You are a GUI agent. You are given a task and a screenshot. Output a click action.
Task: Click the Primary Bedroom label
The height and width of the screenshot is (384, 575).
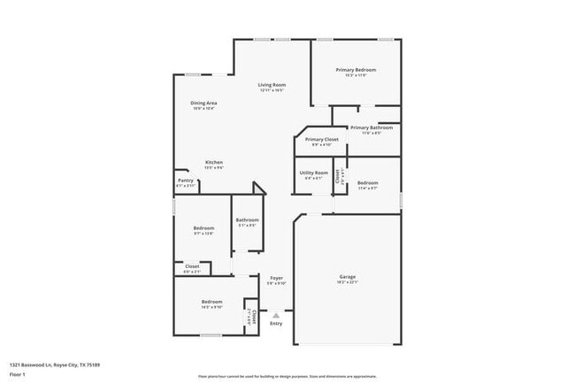[356, 69]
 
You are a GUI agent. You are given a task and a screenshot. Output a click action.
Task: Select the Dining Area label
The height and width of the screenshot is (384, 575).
[203, 103]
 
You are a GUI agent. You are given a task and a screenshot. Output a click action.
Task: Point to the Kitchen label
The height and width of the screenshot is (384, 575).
[214, 162]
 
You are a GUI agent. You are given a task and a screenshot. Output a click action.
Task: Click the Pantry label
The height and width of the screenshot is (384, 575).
[186, 180]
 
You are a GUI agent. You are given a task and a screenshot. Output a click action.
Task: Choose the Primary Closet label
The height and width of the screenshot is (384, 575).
[322, 139]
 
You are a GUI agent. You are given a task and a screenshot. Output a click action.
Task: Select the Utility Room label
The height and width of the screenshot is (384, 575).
[314, 173]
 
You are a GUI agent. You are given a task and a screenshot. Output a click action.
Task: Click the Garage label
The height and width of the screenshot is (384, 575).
[347, 277]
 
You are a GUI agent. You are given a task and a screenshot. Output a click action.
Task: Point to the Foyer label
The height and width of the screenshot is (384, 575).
[276, 278]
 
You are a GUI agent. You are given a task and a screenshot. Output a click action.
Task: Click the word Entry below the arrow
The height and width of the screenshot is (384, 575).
[276, 323]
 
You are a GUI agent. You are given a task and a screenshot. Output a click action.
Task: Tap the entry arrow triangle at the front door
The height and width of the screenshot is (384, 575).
[276, 313]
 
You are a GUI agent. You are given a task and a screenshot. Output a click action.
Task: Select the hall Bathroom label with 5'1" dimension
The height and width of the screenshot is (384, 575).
[247, 219]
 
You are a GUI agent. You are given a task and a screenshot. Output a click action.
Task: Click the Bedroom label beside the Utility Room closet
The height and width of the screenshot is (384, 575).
[367, 183]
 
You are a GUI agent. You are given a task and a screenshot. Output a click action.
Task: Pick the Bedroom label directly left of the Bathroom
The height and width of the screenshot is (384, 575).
[203, 228]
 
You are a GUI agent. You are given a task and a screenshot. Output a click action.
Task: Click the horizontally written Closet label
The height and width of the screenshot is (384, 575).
[192, 265]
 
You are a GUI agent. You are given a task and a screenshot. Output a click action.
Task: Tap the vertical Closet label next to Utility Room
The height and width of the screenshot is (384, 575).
[337, 175]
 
